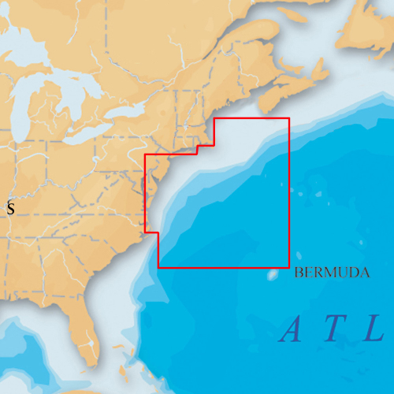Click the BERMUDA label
click(332, 273)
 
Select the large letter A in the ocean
click(292, 329)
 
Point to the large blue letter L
click(373, 329)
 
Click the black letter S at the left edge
click(10, 209)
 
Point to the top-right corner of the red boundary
click(289, 119)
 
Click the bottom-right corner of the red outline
click(289, 268)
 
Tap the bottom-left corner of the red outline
click(158, 268)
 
